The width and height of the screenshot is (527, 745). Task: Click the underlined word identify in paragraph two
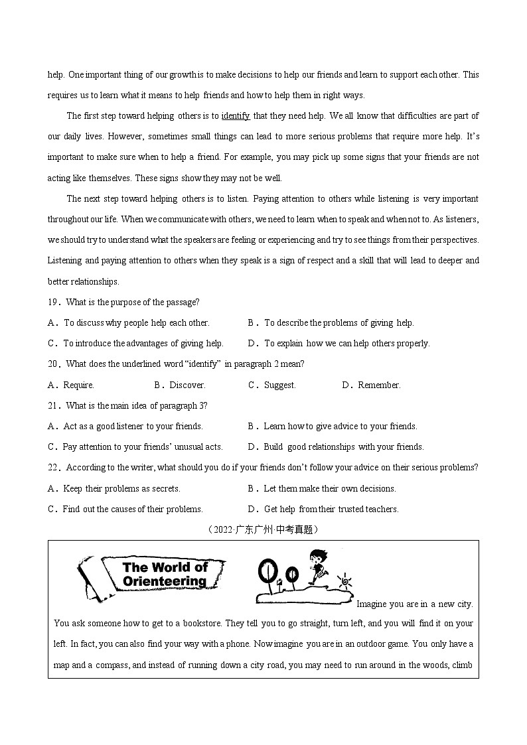(x=236, y=116)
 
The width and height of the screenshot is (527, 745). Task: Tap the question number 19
(x=53, y=303)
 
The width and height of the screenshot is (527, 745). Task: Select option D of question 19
(x=339, y=344)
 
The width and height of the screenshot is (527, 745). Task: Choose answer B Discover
(x=180, y=385)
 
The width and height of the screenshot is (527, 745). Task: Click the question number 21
(x=53, y=406)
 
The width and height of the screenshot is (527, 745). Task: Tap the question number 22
(x=53, y=468)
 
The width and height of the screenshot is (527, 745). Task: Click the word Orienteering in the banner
(x=165, y=582)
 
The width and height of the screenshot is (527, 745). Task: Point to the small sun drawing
(x=343, y=582)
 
